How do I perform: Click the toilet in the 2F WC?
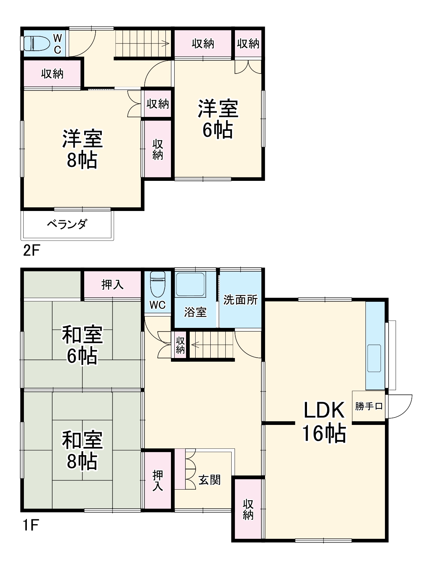[36, 44]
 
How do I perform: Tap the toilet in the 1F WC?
[158, 284]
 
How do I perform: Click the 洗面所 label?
[240, 300]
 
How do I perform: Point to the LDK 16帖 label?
[324, 421]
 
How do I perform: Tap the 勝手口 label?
[369, 406]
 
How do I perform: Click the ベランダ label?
[67, 224]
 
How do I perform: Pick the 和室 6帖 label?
[82, 345]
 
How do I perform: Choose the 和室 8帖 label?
[82, 450]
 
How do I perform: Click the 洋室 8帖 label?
[82, 149]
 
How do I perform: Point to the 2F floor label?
[31, 251]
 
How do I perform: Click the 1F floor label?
[30, 526]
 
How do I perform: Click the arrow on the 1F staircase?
[194, 345]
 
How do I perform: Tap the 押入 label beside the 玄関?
[158, 480]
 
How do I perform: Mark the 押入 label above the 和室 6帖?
[112, 284]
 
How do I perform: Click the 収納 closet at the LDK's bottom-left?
[248, 509]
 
